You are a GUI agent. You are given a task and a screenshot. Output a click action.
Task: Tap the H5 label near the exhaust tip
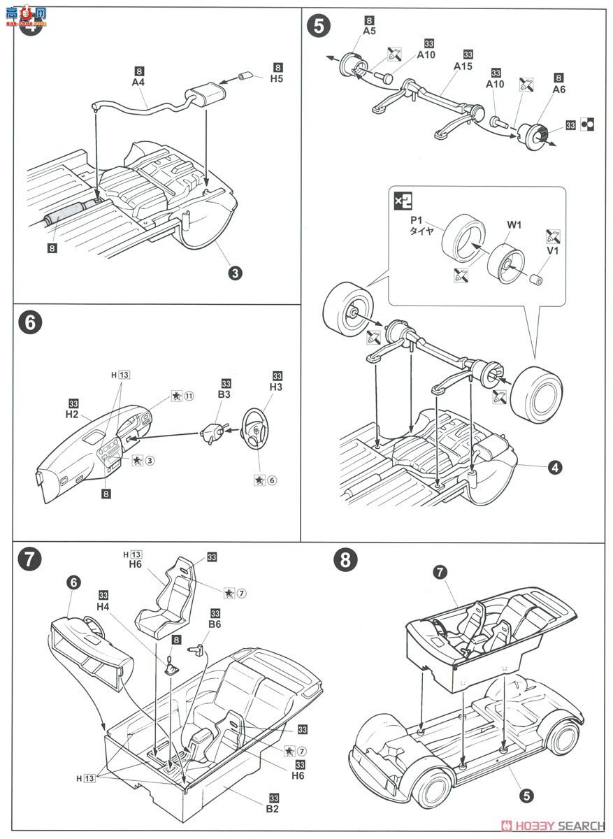(278, 79)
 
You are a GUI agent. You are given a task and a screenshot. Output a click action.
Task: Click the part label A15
(463, 66)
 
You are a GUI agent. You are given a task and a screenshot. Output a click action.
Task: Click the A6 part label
(558, 89)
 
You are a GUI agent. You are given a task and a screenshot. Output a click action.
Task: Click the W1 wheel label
(514, 225)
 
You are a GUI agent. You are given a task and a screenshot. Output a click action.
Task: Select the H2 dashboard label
(72, 415)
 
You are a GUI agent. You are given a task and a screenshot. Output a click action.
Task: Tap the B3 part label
(225, 396)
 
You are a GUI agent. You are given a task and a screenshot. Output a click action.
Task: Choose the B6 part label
(214, 626)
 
